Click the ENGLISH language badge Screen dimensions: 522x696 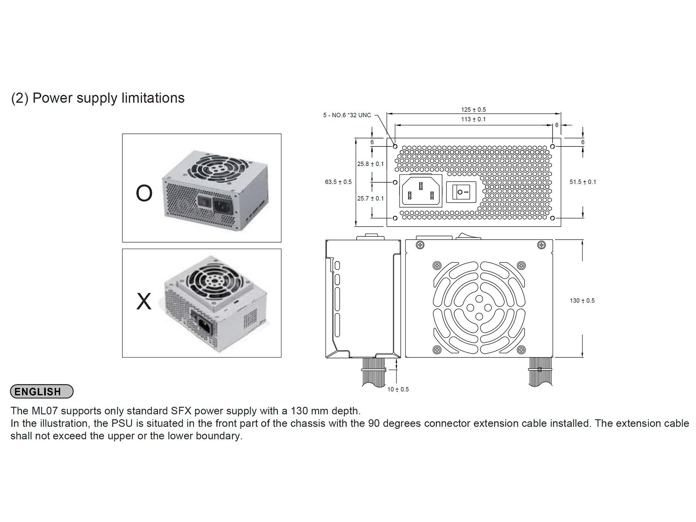(x=42, y=391)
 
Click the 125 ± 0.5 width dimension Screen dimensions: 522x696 (x=473, y=109)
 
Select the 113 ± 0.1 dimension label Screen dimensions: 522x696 (x=473, y=119)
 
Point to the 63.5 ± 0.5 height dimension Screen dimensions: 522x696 (x=338, y=182)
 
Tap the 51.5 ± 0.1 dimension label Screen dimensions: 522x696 (x=583, y=182)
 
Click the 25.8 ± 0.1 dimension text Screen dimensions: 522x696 (x=370, y=164)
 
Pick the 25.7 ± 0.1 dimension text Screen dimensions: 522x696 (x=370, y=198)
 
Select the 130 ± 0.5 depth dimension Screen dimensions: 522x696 (x=582, y=301)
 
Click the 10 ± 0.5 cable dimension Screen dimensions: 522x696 (x=398, y=389)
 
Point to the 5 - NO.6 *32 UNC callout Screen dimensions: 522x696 (x=347, y=115)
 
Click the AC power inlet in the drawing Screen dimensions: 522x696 (x=420, y=191)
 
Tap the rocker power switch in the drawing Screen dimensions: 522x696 (x=461, y=192)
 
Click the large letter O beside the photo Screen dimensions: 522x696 (x=144, y=193)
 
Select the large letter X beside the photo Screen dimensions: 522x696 (x=144, y=301)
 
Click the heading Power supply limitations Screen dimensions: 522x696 (x=98, y=98)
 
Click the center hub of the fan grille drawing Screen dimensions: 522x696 (x=479, y=307)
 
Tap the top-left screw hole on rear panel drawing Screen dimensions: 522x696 (x=395, y=146)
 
